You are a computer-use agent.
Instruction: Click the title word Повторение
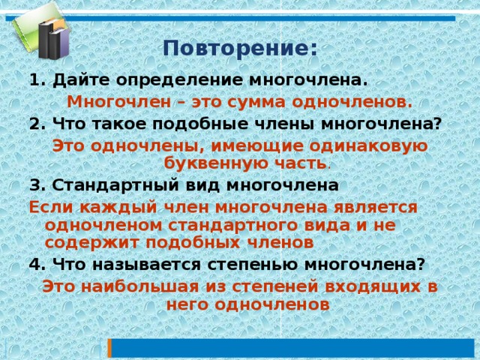tap(235, 48)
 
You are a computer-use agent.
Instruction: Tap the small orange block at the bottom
tap(109, 349)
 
